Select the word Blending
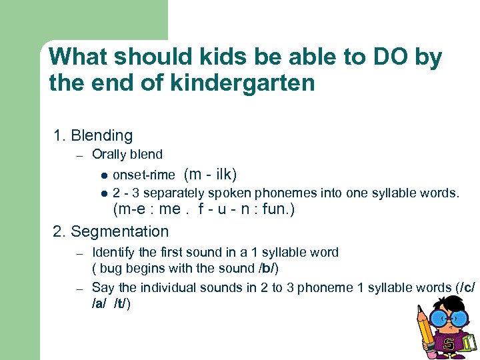(x=101, y=136)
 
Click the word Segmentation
(x=119, y=231)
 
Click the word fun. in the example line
(x=278, y=210)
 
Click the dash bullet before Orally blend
(x=78, y=155)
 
